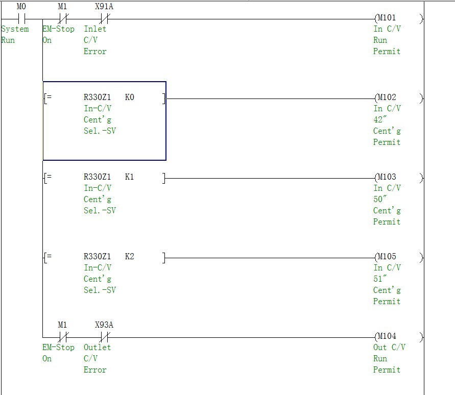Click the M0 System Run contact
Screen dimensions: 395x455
point(21,19)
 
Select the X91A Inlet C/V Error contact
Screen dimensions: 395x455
point(104,19)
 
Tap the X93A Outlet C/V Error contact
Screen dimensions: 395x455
point(104,337)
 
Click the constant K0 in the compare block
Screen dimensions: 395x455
point(130,97)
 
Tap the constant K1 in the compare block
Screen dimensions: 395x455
point(130,177)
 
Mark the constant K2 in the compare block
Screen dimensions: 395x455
point(130,257)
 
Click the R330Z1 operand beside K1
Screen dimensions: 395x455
point(97,177)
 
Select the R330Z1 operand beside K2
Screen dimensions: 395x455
point(97,257)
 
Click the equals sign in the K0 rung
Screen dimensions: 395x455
point(48,97)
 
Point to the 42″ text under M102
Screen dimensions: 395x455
point(380,120)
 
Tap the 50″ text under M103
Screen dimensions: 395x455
point(380,200)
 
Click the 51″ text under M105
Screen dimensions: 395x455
point(380,279)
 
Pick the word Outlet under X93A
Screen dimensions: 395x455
point(97,348)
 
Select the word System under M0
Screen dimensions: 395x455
point(15,29)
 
